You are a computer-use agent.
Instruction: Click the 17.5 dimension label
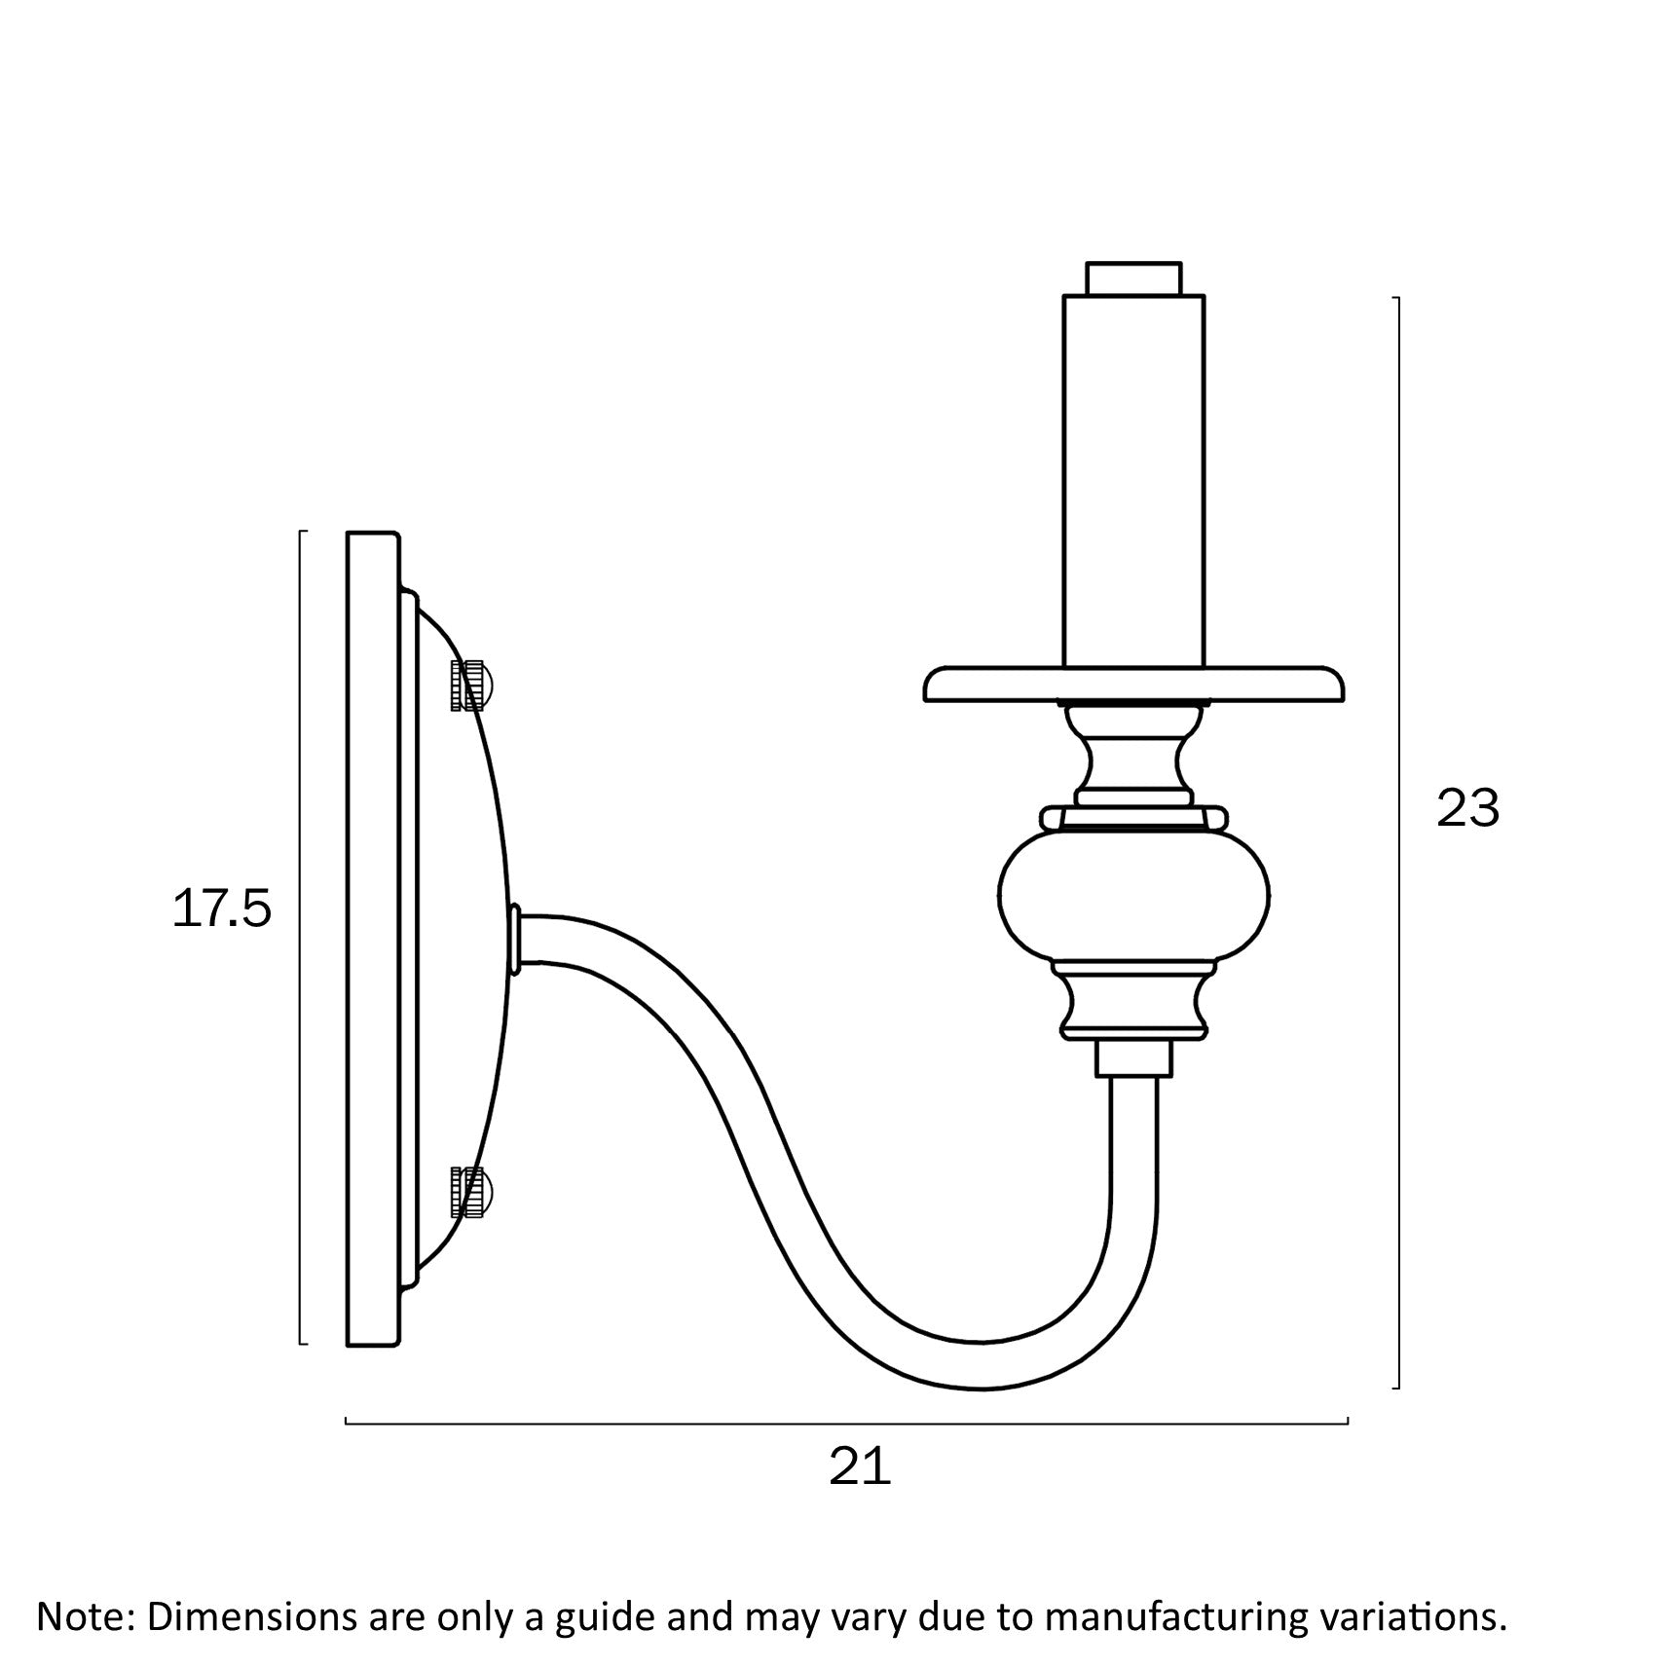221,910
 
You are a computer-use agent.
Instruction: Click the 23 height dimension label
1467,808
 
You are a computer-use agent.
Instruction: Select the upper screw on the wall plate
470,685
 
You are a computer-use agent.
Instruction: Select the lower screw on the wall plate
471,1191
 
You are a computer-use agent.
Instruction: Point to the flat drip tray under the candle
1133,684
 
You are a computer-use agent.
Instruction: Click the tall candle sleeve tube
1133,477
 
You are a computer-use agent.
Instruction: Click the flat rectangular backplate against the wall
373,940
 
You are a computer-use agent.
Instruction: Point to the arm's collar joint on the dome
515,940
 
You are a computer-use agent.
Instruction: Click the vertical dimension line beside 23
1398,842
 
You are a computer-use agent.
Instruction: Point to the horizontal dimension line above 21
846,1424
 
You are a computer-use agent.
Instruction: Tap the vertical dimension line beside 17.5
301,938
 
